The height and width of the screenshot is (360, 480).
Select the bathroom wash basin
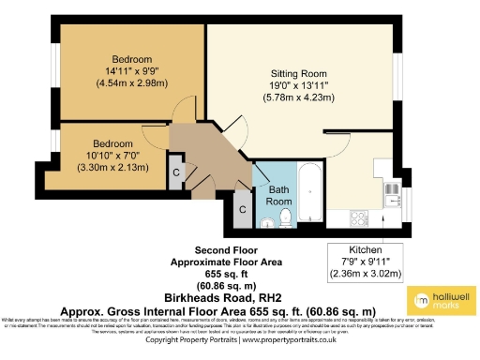268,221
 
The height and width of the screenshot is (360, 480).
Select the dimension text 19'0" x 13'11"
299,84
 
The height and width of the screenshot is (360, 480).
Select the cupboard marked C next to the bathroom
241,208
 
